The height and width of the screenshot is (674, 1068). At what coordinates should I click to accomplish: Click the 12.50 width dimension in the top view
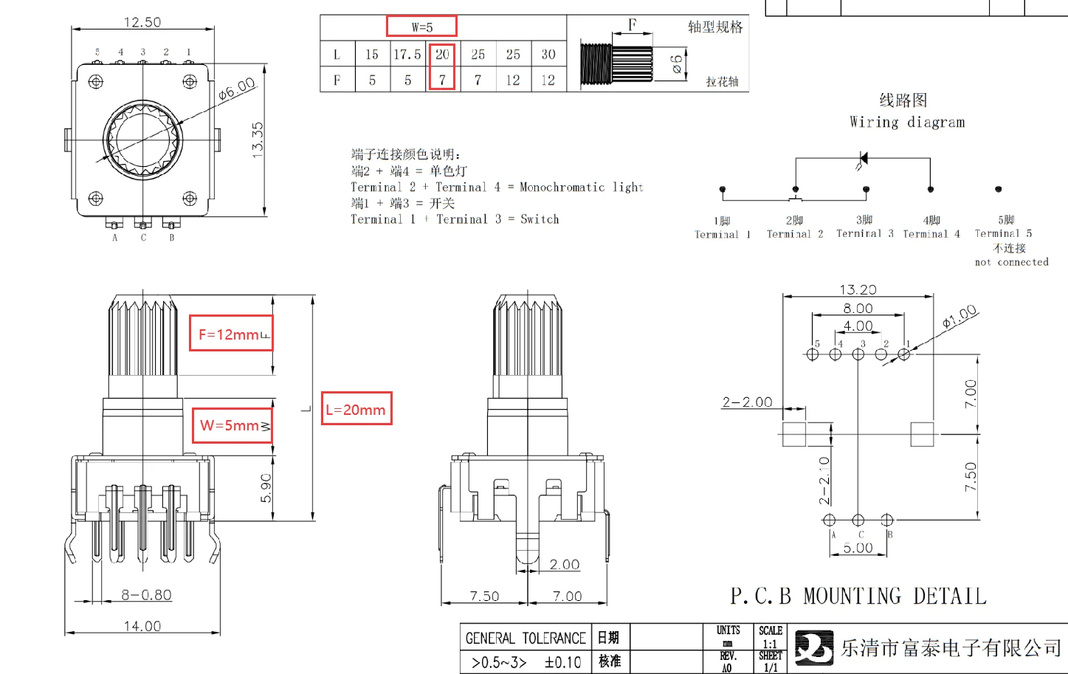coord(142,22)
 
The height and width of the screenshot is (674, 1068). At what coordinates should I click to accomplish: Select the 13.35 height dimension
coord(258,138)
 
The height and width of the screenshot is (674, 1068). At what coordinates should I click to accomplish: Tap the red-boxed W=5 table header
coord(422,27)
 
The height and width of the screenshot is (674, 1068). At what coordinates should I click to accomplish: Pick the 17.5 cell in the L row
coord(407,55)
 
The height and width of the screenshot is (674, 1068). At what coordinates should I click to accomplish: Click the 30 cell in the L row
coord(548,55)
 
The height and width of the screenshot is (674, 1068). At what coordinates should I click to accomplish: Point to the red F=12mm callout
coord(231,334)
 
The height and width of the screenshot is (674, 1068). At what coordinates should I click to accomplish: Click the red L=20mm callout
coord(356,409)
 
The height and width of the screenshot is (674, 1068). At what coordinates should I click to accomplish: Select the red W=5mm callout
coord(232,425)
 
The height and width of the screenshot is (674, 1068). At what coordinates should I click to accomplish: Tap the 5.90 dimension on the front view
coord(266,488)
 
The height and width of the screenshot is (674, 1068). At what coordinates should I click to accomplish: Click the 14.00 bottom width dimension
coord(142,626)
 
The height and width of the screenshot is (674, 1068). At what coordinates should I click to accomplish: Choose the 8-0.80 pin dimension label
coord(147,595)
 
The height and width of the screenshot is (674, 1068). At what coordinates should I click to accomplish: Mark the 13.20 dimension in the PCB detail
coord(858,290)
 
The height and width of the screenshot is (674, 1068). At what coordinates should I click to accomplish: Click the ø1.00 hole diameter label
coord(960,317)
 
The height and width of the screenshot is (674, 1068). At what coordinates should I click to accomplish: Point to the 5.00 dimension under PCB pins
coord(858,548)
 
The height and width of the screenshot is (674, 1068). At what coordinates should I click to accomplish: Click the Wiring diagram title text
coord(907,122)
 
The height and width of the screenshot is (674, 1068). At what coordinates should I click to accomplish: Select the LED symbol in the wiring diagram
coord(863,159)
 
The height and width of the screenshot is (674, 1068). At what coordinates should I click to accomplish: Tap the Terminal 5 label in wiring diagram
coord(1003,233)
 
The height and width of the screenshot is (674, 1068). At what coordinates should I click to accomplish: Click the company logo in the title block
coord(814,647)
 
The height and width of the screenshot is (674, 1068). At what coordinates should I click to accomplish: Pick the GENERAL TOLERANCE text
coord(526,638)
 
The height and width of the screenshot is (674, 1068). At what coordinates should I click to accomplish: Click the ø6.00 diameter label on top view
coord(236,89)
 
